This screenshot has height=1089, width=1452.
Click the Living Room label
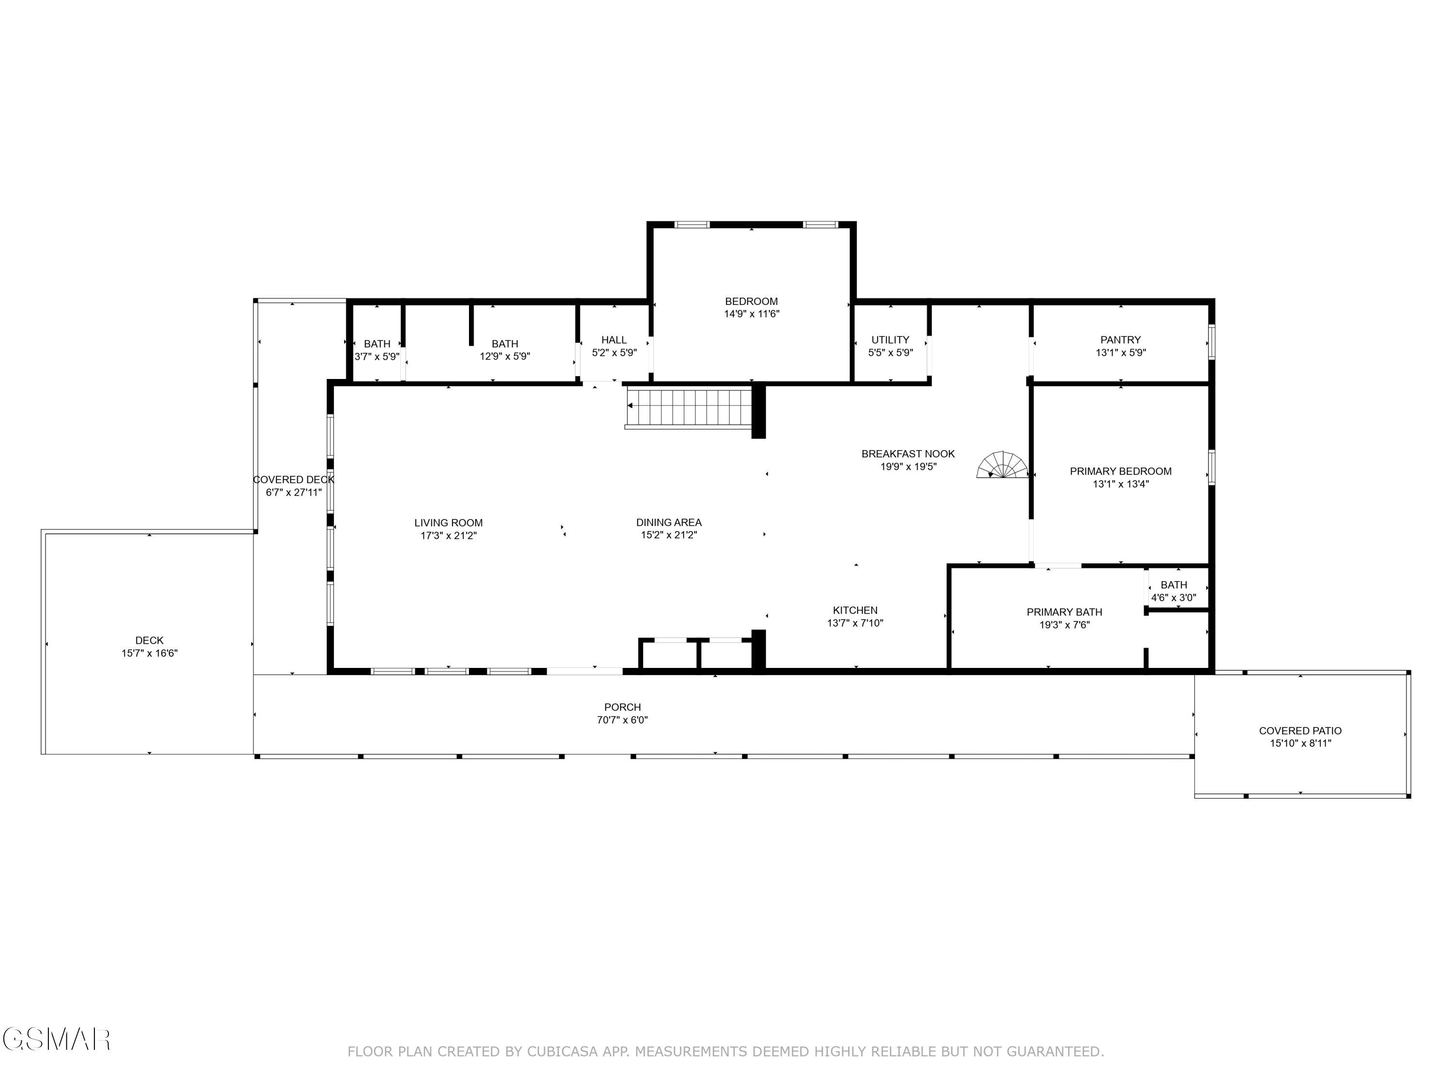coord(448,523)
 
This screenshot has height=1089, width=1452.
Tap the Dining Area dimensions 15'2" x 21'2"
coord(668,535)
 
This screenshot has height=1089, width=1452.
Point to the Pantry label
coord(1120,339)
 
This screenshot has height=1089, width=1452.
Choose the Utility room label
coord(890,339)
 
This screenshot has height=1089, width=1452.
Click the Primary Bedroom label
coord(1120,470)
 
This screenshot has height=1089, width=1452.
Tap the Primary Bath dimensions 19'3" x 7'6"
coord(1064,625)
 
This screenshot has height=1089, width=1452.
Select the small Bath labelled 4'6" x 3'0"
coord(1173,591)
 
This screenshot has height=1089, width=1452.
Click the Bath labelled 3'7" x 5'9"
coord(377,350)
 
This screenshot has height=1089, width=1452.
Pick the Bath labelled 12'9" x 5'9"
coord(504,350)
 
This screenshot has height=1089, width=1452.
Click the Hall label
coord(614,339)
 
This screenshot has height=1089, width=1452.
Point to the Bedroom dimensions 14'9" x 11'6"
coord(751,314)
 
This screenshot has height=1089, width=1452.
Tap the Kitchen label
coord(855,610)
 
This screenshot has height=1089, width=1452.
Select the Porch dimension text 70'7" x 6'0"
coord(622,719)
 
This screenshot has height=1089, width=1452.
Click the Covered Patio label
coord(1299,730)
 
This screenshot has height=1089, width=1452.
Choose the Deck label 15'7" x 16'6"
coord(149,646)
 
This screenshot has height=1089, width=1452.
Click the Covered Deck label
coord(293,480)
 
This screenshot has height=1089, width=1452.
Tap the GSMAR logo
coord(56,1039)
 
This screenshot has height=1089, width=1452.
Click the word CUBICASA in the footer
coord(561,1051)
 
